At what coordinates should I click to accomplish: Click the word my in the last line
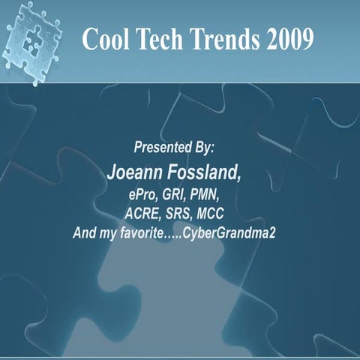[x=109, y=233]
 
